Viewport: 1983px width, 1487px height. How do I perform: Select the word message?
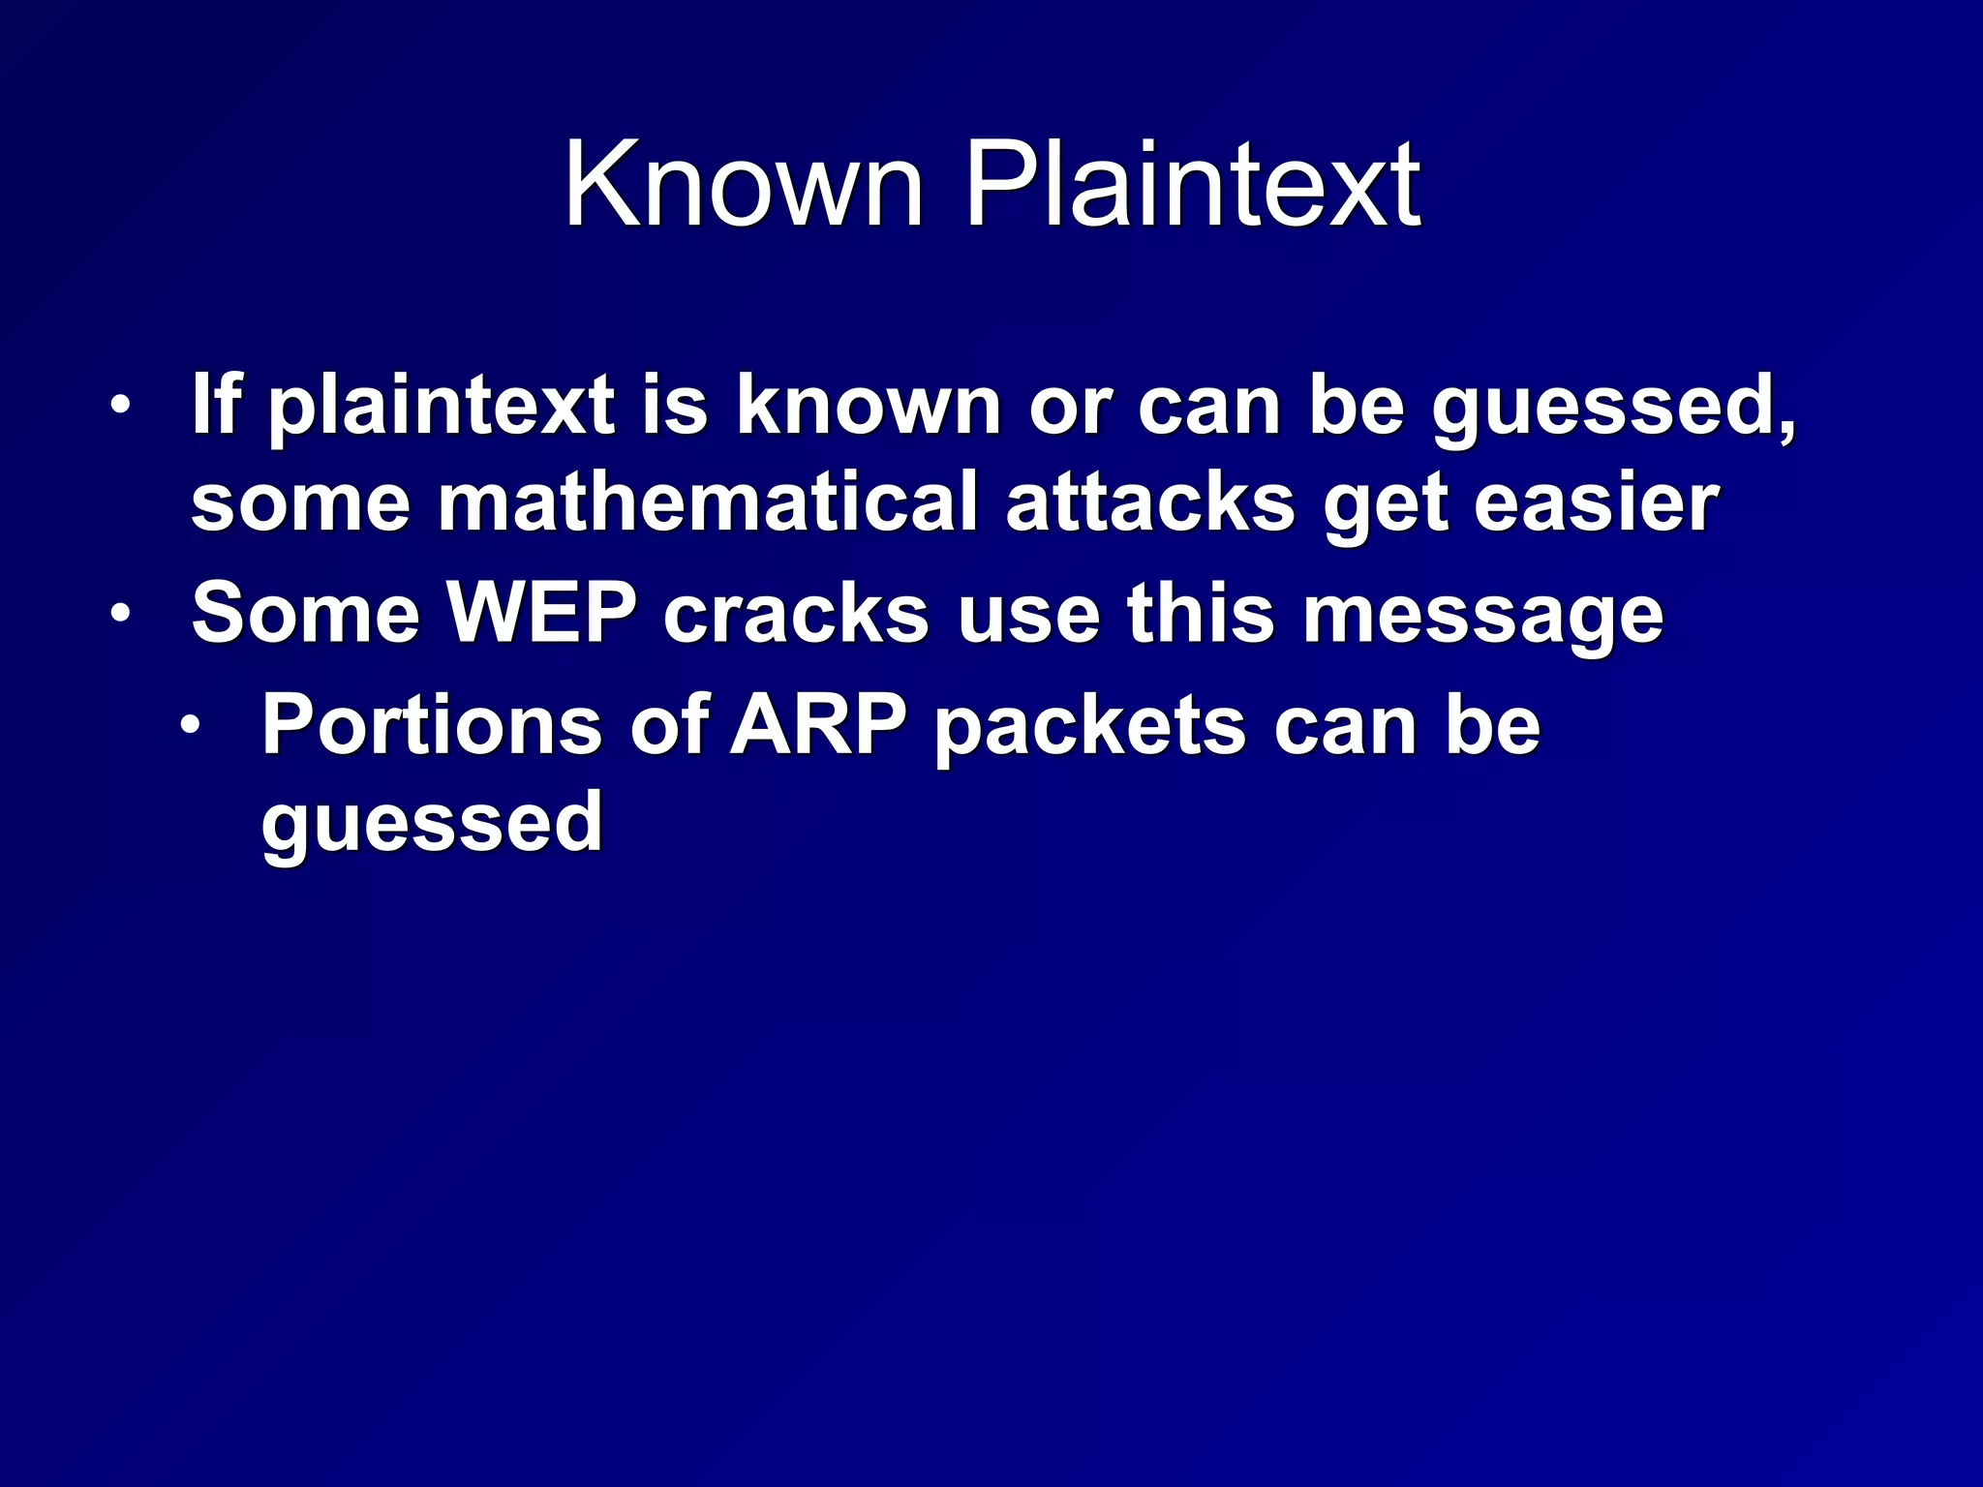[x=1482, y=618]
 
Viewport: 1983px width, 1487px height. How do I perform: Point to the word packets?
[x=1089, y=728]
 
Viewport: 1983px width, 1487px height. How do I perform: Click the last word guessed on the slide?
[x=432, y=823]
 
